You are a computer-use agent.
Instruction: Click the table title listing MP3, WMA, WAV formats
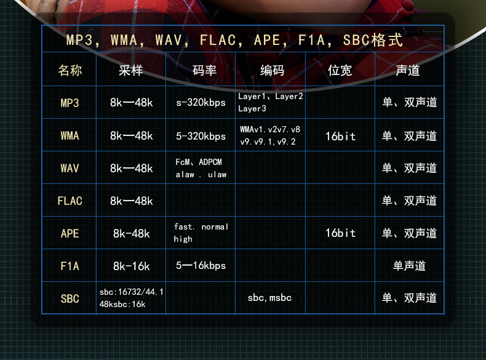pos(234,41)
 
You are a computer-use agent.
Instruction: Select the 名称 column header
pos(70,70)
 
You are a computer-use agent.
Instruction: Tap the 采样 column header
pos(131,70)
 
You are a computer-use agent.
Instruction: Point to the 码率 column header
pos(204,70)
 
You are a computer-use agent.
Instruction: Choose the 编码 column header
pos(272,70)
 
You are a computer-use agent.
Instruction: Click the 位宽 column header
pos(340,70)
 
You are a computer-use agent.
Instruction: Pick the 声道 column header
pos(409,70)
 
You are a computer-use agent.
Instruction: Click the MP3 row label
pos(70,103)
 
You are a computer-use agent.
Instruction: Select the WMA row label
pos(70,135)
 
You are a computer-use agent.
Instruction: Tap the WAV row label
pos(70,168)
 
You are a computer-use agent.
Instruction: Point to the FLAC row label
pos(70,201)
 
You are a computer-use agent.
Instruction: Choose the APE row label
pos(70,233)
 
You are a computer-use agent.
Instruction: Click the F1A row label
pos(70,266)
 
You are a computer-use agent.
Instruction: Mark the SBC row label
pos(70,298)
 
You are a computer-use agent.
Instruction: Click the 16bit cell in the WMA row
pos(340,136)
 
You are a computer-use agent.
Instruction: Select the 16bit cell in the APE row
pos(340,233)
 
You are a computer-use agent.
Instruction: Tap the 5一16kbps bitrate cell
pos(201,266)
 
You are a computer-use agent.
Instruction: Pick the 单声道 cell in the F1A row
pos(409,266)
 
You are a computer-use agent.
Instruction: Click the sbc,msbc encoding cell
pos(269,298)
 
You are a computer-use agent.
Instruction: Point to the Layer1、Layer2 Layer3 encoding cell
pos(270,102)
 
